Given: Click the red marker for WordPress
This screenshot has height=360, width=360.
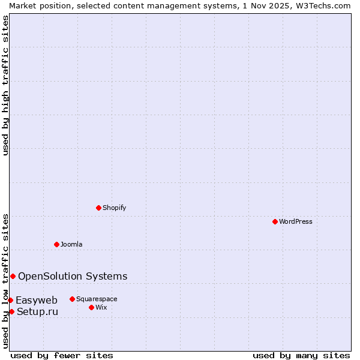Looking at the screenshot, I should [275, 221].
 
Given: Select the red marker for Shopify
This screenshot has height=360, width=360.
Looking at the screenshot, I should [98, 208].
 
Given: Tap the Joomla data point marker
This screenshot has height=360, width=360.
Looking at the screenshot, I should [56, 244].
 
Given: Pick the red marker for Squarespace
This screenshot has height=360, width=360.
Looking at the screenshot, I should [72, 299].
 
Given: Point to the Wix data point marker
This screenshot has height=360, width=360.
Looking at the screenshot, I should [91, 307].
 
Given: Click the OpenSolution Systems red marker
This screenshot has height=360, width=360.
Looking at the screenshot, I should [13, 276].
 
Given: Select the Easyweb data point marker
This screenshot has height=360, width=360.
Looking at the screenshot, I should [10, 300].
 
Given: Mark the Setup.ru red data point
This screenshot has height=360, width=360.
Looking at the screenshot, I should [11, 311].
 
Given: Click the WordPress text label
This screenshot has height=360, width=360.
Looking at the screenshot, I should [296, 221].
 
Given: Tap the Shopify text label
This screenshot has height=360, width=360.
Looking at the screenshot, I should [115, 208].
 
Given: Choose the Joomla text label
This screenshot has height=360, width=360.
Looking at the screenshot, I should [71, 244].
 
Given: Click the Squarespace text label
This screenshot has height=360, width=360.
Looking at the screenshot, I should [97, 299].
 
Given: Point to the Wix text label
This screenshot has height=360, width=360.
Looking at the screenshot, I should [101, 307].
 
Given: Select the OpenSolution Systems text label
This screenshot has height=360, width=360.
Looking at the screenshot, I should [73, 276].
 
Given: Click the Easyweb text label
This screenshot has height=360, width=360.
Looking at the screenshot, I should [37, 300].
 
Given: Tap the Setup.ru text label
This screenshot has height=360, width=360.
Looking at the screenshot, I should [38, 311].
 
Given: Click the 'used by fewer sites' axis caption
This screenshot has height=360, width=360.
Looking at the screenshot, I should [62, 355].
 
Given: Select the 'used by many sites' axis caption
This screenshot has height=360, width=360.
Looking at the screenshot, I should [301, 355].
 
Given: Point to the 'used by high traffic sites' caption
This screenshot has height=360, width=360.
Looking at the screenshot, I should [5, 85].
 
